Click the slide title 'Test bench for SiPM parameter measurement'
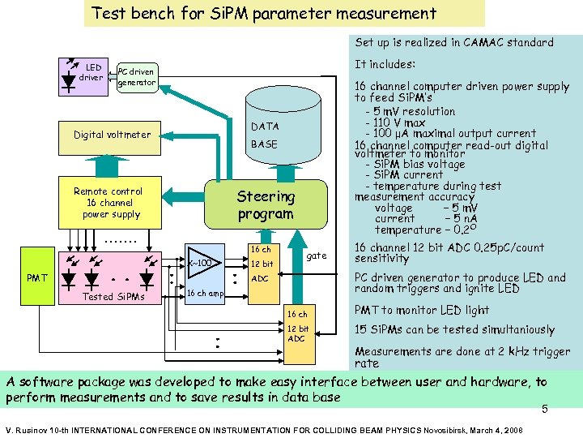pyautogui.click(x=264, y=13)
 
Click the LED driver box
pyautogui.click(x=85, y=72)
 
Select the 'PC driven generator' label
pyautogui.click(x=136, y=77)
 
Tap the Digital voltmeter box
pyautogui.click(x=112, y=135)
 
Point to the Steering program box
pyautogui.click(x=265, y=205)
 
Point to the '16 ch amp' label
pyautogui.click(x=206, y=293)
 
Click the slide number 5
pyautogui.click(x=545, y=410)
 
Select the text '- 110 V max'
pyautogui.click(x=401, y=122)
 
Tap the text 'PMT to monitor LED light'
pyautogui.click(x=422, y=310)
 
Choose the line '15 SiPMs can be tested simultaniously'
pyautogui.click(x=454, y=329)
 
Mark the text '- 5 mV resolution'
pyautogui.click(x=411, y=111)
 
